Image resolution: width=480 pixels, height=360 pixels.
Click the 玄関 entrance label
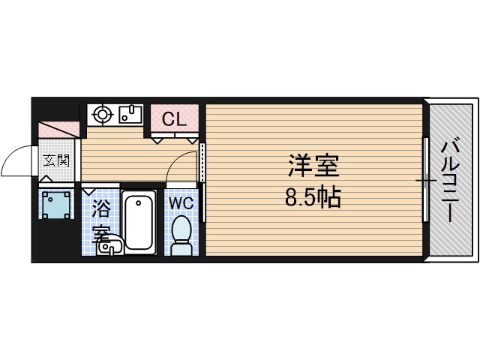(x=55, y=159)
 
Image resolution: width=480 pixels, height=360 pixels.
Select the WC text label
(x=180, y=202)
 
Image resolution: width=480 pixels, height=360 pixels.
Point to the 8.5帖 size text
(x=313, y=198)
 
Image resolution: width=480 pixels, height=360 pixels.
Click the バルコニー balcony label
(x=450, y=180)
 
